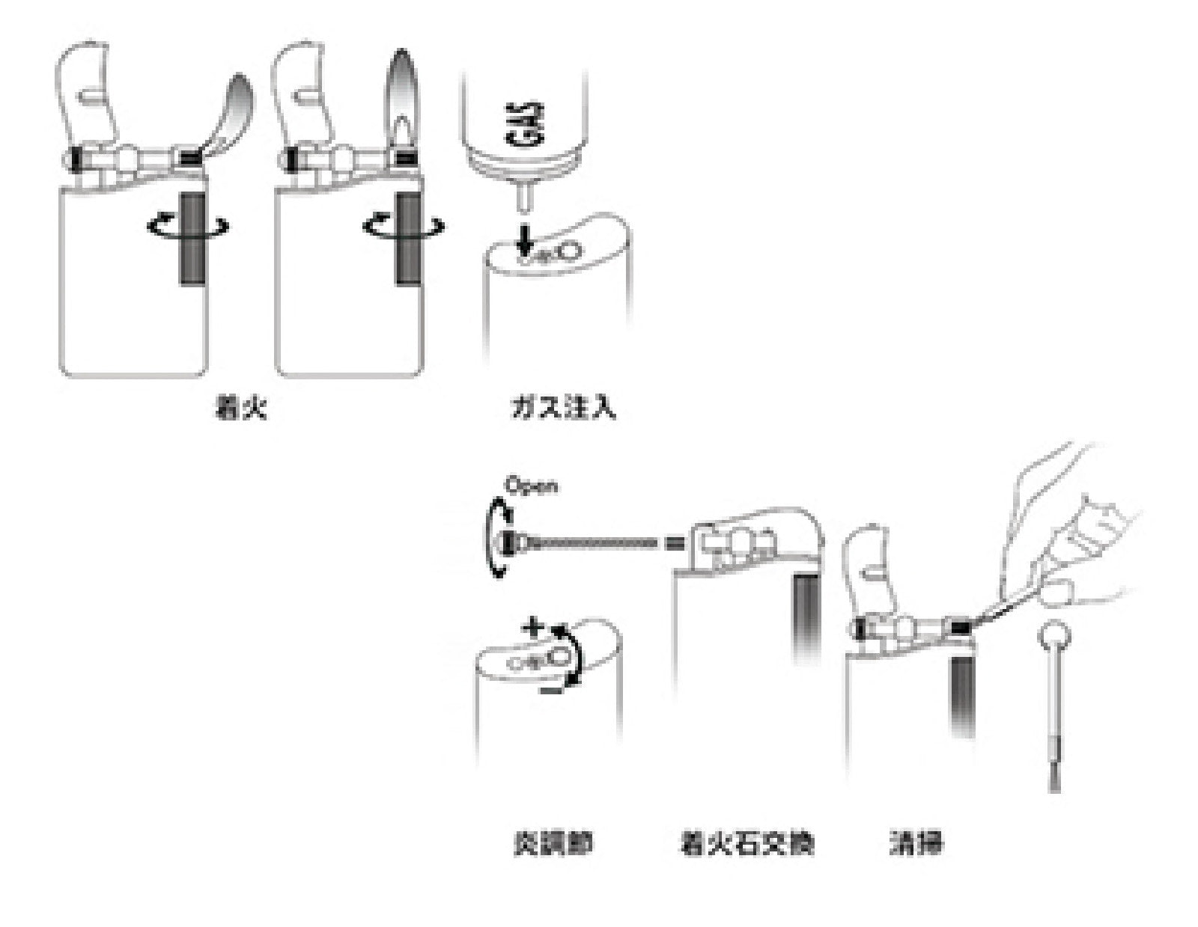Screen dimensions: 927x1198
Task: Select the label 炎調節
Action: point(553,844)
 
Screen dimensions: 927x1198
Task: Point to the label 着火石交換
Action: point(746,844)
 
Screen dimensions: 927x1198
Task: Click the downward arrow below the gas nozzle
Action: point(526,240)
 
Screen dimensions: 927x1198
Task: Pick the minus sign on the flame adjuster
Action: point(550,691)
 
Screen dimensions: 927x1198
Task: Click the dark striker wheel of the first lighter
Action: point(193,237)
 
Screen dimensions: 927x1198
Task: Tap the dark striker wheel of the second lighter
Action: point(409,237)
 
